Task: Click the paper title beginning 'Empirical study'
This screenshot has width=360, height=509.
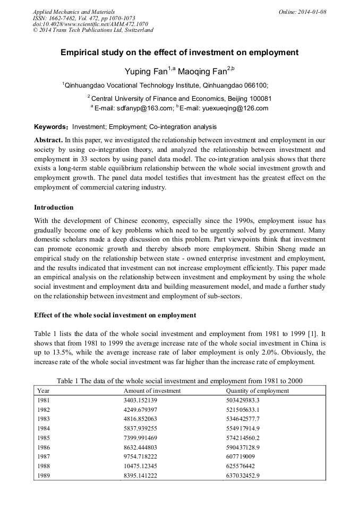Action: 179,53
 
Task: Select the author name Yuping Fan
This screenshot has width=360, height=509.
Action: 146,71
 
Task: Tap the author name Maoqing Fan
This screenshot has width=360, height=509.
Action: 202,71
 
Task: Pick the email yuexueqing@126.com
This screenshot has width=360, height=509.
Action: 236,108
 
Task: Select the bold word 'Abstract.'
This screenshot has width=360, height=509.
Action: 48,140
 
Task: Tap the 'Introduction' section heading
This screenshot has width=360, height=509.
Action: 54,208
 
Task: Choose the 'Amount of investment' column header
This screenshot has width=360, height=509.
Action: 152,391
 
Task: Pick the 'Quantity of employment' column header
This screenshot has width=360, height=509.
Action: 258,391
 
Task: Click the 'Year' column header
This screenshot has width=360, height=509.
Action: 44,391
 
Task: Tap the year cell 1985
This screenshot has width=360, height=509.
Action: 45,438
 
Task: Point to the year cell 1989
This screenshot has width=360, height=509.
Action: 45,476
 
